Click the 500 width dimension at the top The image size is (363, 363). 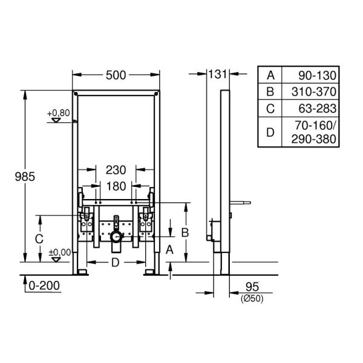pyautogui.click(x=116, y=75)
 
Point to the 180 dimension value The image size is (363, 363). pyautogui.click(x=116, y=186)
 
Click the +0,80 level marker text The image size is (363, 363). pyautogui.click(x=59, y=113)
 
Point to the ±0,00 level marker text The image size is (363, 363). pyautogui.click(x=59, y=252)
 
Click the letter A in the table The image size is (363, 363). pyautogui.click(x=270, y=76)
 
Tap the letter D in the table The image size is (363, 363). pyautogui.click(x=270, y=132)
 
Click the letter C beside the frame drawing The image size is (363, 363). pyautogui.click(x=39, y=239)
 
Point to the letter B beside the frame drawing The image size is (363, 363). pyautogui.click(x=186, y=232)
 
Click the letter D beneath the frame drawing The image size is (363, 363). pyautogui.click(x=116, y=262)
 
